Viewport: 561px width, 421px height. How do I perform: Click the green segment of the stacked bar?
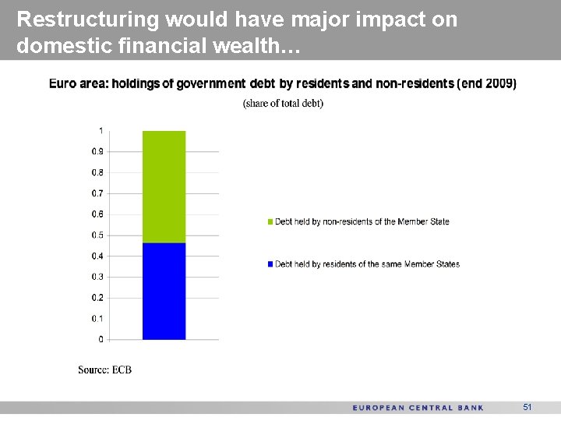[x=164, y=187]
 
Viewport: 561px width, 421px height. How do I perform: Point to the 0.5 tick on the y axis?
[x=97, y=235]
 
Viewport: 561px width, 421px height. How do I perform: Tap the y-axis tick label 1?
[x=100, y=130]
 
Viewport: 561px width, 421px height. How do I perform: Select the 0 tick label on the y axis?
[x=100, y=339]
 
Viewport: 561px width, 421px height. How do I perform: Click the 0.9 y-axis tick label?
[x=97, y=151]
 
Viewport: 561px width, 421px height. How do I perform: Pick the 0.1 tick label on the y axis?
[x=97, y=318]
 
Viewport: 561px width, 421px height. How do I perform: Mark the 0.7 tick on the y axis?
[x=97, y=193]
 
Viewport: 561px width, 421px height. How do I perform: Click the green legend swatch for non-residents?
[x=270, y=222]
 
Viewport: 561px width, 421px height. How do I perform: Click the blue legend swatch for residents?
[x=270, y=264]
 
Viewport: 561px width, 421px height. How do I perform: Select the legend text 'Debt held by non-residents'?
[x=362, y=222]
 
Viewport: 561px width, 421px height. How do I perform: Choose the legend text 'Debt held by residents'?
[x=367, y=264]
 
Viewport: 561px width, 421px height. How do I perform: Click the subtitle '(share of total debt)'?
[x=283, y=104]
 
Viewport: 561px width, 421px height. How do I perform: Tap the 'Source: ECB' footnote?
[x=104, y=370]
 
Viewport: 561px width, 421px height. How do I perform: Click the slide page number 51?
[x=527, y=407]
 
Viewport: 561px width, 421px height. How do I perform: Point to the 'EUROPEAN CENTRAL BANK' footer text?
[x=418, y=408]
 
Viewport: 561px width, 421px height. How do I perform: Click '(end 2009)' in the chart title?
[x=487, y=83]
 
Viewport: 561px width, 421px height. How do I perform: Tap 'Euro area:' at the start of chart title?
[x=77, y=83]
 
